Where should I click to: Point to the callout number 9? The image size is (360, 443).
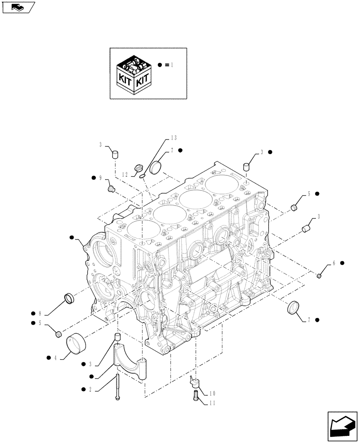click(101, 178)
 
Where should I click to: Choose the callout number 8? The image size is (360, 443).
click(40, 312)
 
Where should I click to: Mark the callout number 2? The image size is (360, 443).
click(90, 389)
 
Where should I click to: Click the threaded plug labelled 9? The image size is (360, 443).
click(112, 190)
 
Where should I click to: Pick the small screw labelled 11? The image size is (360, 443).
click(195, 396)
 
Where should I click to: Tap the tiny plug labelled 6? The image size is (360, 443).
click(319, 277)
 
